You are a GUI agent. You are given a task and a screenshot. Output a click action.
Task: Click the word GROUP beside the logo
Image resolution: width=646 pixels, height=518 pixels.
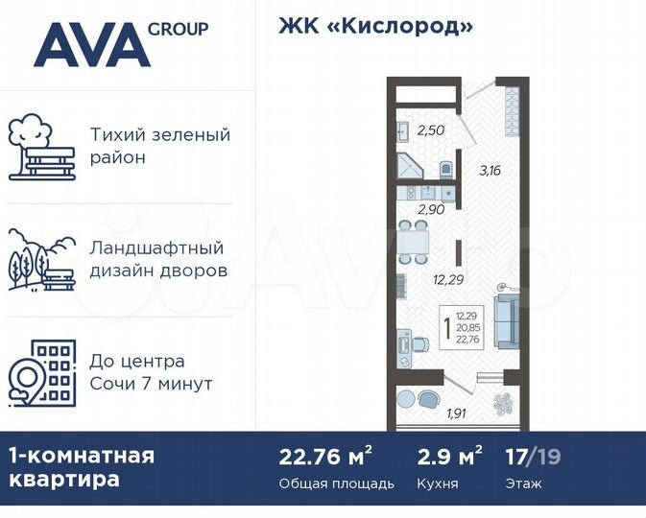tap(179, 29)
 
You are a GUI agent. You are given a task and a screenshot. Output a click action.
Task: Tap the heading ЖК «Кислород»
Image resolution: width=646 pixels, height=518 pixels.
tap(375, 26)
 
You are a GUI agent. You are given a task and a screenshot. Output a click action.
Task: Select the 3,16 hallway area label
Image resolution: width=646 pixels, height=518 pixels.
tap(490, 172)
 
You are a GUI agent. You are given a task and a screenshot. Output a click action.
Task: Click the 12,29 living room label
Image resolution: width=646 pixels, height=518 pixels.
tap(448, 280)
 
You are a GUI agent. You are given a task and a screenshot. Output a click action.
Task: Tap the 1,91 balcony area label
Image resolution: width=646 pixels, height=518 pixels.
tap(456, 415)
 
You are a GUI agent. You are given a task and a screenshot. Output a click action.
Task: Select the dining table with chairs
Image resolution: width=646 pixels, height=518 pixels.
tap(416, 240)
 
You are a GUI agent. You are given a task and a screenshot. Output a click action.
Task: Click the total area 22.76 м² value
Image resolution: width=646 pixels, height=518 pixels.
tap(326, 455)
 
